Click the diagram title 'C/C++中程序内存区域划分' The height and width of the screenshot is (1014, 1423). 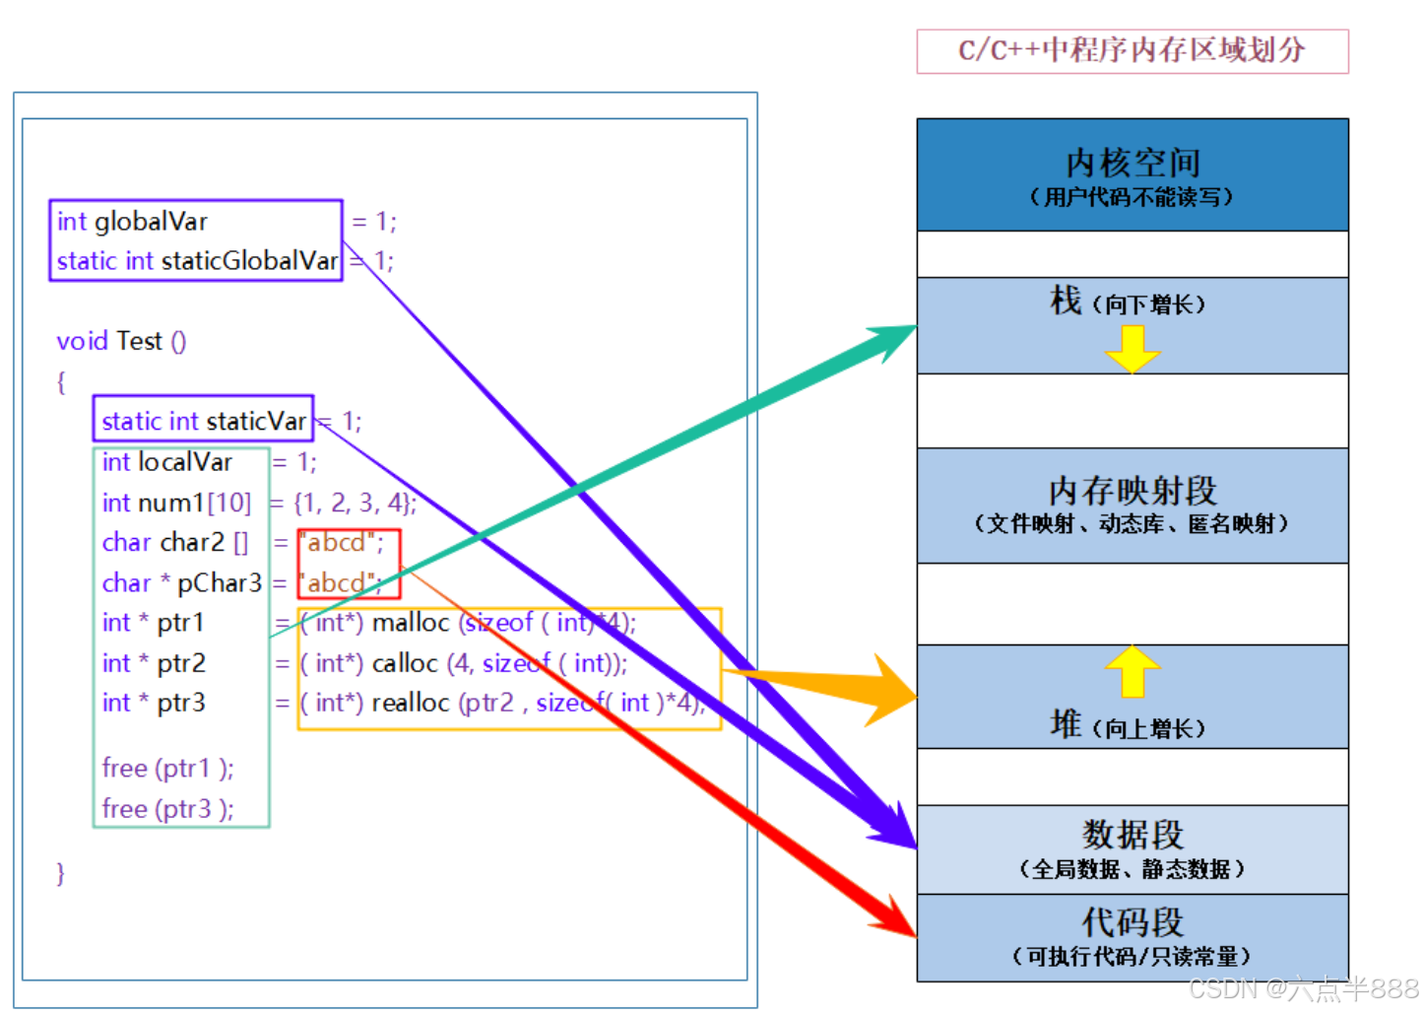1132,50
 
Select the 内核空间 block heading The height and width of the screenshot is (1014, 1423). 1132,163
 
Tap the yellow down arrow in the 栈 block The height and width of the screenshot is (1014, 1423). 1132,348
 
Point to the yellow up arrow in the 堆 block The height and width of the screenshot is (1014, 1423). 1132,671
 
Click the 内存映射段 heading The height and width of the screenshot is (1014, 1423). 1132,490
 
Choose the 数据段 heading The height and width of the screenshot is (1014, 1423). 1132,835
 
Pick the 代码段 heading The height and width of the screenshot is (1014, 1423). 1132,922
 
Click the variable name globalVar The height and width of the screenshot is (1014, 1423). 151,222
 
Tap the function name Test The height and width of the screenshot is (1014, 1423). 138,341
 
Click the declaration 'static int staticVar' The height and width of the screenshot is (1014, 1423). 203,421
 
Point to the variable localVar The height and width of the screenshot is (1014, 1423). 185,462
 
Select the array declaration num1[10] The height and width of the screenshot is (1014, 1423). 194,503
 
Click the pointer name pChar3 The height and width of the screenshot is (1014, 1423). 219,583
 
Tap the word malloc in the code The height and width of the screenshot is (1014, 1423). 411,623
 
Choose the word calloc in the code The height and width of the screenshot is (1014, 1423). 405,663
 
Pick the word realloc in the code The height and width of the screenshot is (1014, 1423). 411,703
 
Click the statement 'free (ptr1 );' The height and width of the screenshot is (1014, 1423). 167,768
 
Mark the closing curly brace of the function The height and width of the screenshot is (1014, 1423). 61,873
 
